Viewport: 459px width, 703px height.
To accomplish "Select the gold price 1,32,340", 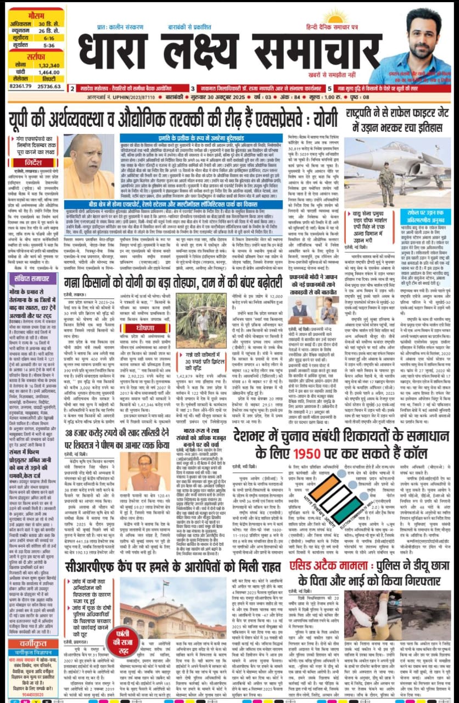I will click(48, 65).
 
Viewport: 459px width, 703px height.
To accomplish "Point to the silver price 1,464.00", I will click(48, 72).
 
